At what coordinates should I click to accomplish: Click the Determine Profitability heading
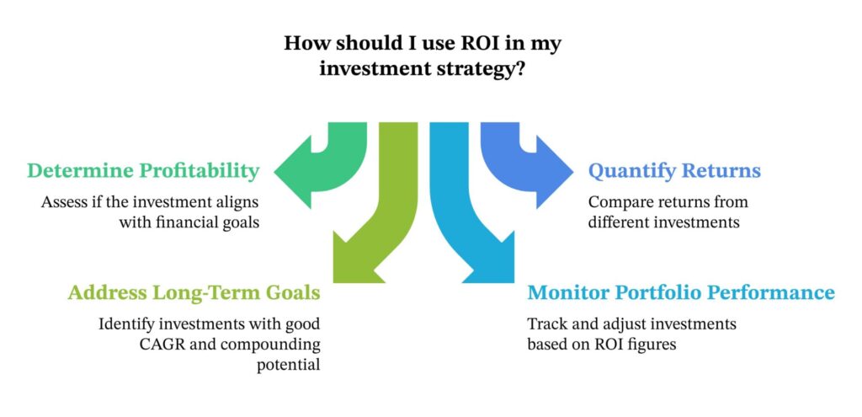click(x=142, y=171)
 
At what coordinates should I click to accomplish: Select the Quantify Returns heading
click(x=673, y=171)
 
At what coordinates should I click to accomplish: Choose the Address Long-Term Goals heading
click(x=194, y=293)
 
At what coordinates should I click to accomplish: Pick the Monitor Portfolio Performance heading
click(x=680, y=293)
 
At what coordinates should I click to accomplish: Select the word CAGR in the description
click(x=124, y=344)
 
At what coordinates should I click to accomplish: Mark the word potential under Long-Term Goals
click(x=290, y=365)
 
